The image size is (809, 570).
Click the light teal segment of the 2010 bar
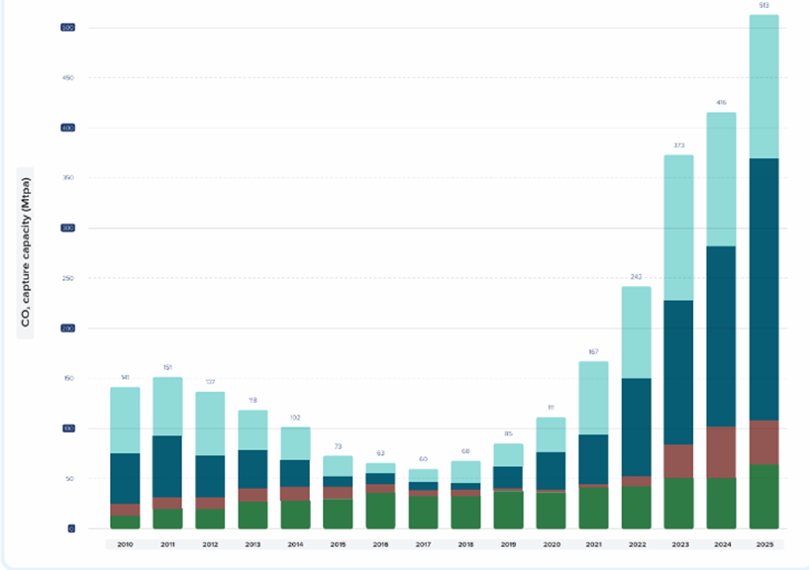coord(125,420)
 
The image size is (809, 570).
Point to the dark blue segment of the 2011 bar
coord(167,466)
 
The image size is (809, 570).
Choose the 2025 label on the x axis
coord(763,544)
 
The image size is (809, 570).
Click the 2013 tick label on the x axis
coord(253,544)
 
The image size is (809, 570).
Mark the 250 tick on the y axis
coord(67,278)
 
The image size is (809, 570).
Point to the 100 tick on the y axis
coord(67,428)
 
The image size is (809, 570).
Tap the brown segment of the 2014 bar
coord(296,494)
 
